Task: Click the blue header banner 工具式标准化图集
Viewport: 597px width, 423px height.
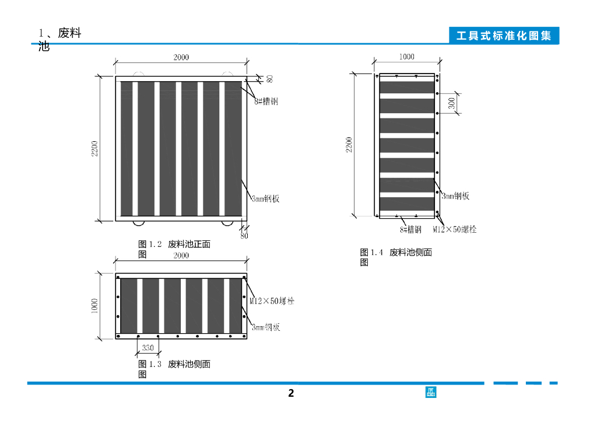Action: point(504,36)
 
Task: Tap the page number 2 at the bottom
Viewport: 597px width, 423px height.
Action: point(291,393)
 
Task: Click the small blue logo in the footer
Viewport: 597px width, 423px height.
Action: point(431,392)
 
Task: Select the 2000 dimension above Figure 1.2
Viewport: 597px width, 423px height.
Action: point(181,57)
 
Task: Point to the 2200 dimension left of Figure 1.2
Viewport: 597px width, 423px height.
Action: point(95,149)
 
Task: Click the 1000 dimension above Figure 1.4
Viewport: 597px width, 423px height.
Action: point(406,57)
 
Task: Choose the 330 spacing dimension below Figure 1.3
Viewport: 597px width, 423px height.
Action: point(148,348)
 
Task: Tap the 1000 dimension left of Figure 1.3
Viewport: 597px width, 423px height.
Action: point(95,305)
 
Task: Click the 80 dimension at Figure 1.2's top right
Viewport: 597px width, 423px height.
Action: point(270,78)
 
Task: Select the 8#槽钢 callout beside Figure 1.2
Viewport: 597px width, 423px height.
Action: point(266,101)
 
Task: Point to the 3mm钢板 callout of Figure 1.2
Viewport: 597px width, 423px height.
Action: point(265,199)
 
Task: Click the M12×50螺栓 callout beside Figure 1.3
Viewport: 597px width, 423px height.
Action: point(272,302)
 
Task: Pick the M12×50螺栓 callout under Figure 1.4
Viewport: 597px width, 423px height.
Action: point(455,229)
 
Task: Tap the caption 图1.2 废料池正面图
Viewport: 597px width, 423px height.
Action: point(174,249)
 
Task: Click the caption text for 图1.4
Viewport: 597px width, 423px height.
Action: point(396,257)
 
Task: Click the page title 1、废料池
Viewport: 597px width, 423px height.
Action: point(58,39)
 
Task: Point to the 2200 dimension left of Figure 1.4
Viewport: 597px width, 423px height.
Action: point(349,144)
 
